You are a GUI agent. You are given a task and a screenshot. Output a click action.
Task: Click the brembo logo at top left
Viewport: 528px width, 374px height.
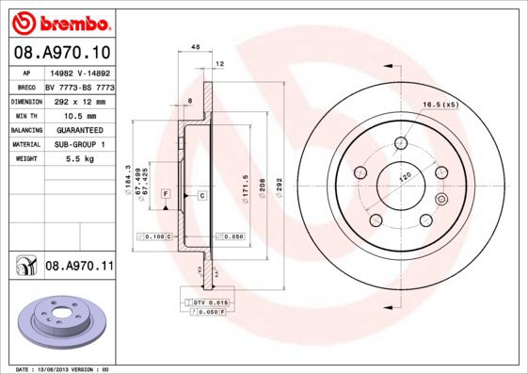click(58, 21)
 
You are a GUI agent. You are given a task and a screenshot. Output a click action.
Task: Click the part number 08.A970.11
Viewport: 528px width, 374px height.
click(79, 268)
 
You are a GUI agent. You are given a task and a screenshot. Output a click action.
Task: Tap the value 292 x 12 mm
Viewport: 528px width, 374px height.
click(78, 101)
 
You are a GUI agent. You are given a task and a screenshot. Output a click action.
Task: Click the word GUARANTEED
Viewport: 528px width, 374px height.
click(78, 130)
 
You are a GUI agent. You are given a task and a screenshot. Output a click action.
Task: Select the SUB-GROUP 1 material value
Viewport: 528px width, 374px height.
click(78, 144)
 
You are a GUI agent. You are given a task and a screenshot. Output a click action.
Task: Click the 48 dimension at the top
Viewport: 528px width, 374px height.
click(196, 46)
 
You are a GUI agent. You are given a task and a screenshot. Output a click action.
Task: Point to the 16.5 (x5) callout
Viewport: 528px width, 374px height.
click(440, 104)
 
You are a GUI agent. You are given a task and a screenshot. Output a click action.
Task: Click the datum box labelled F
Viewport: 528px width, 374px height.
click(166, 193)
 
